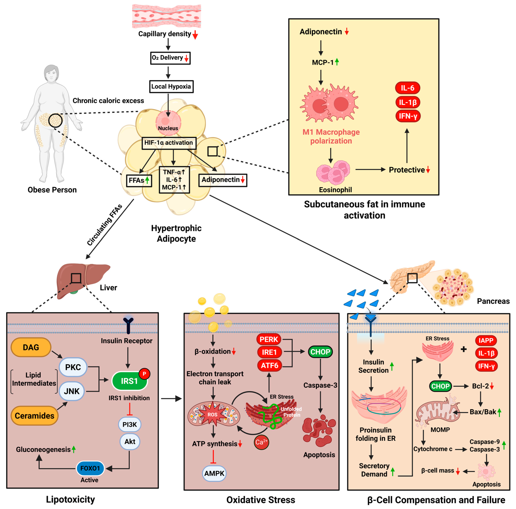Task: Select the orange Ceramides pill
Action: (35, 415)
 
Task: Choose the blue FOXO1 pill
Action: (90, 468)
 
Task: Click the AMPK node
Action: (214, 473)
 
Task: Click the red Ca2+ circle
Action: (261, 442)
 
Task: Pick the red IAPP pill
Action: (486, 340)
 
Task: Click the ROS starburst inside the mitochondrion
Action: (212, 414)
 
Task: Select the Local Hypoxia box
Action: (171, 86)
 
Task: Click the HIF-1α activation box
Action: (169, 143)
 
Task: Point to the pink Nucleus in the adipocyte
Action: (168, 121)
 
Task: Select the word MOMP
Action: (440, 429)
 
